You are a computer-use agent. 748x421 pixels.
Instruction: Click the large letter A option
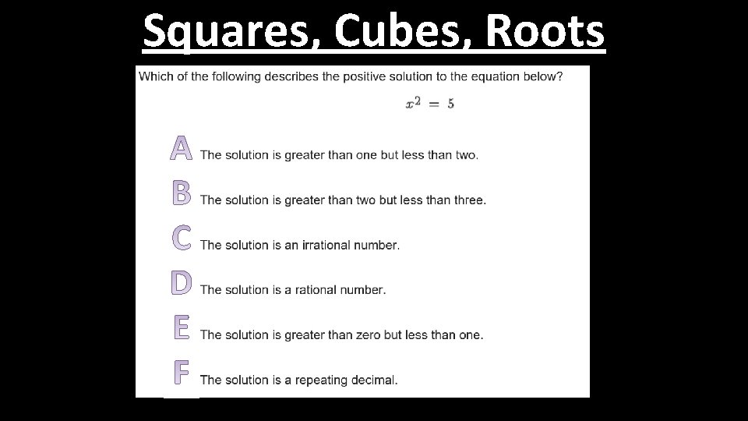(x=182, y=147)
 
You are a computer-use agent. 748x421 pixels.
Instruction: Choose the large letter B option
(x=182, y=193)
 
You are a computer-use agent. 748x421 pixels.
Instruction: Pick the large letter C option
(x=182, y=238)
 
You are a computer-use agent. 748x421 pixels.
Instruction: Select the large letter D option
(x=182, y=282)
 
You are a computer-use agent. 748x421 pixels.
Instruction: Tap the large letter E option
(x=182, y=327)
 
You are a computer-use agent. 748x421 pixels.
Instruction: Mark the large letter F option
(x=182, y=373)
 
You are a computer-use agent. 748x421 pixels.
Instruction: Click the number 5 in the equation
(x=451, y=104)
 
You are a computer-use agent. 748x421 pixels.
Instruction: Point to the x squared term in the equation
(x=413, y=104)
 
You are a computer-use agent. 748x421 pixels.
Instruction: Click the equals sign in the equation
(x=433, y=104)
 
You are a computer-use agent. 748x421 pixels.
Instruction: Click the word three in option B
(x=468, y=200)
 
